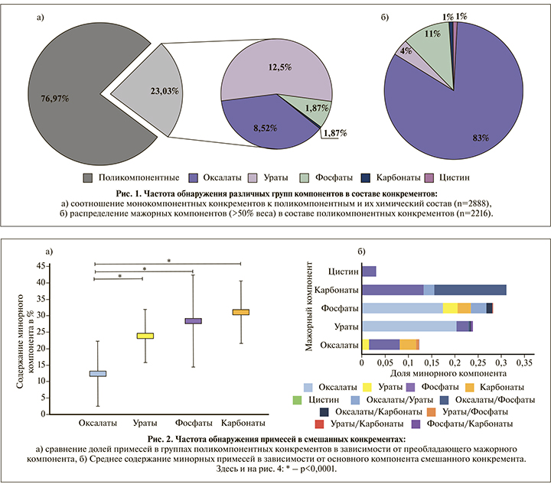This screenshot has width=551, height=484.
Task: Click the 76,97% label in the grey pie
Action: pos(55,99)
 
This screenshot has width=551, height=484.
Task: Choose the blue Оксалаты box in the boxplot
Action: pos(98,373)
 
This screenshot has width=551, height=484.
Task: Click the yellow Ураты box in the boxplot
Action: pos(145,336)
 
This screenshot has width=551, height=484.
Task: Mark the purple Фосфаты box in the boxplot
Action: pos(194,321)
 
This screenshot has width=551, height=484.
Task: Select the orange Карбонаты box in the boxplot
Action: pos(241,312)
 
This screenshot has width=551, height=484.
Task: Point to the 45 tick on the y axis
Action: pos(38,265)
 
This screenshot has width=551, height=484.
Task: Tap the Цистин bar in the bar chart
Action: pos(369,271)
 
